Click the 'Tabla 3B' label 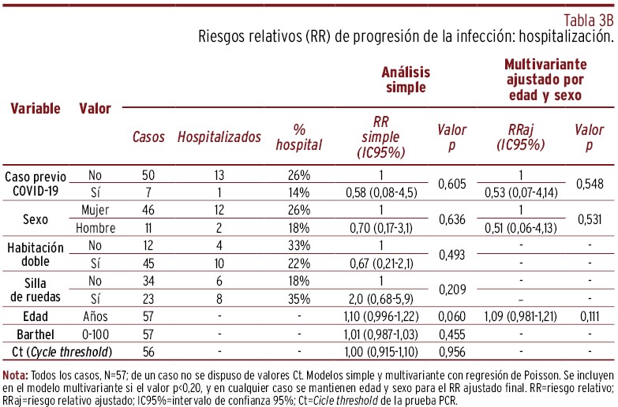588,19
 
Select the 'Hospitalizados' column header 219,137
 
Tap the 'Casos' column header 148,137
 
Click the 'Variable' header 35,109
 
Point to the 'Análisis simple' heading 405,79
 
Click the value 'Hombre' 96,228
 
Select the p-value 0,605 451,183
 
